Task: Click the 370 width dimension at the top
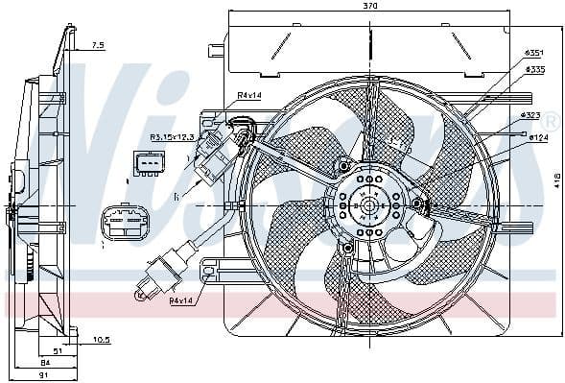[x=370, y=7]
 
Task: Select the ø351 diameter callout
[x=533, y=53]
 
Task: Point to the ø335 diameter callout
[x=533, y=70]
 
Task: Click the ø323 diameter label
[x=530, y=116]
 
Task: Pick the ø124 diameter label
[x=538, y=138]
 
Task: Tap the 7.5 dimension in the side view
[x=98, y=46]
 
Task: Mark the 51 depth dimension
[x=57, y=351]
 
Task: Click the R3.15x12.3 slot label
[x=172, y=137]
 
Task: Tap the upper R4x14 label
[x=249, y=96]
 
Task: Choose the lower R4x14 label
[x=182, y=301]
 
